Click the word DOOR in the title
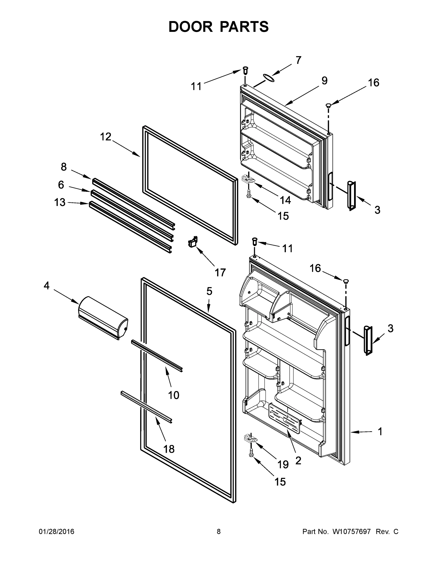click(x=191, y=27)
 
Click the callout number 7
click(x=298, y=60)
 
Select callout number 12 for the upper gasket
click(x=106, y=137)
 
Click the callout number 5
click(x=209, y=291)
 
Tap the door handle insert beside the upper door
click(x=351, y=196)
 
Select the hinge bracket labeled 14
click(x=248, y=178)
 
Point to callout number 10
click(x=173, y=395)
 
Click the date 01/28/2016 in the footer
click(x=57, y=532)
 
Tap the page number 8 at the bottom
click(x=219, y=532)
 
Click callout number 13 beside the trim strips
click(x=60, y=202)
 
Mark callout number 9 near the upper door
click(x=324, y=81)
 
